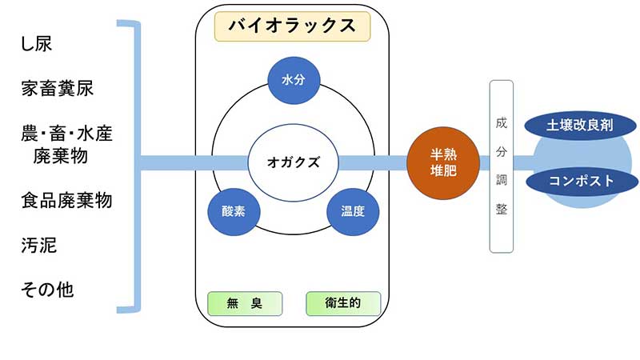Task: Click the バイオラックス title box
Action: (292, 26)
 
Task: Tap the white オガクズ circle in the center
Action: (293, 162)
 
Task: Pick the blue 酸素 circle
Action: (234, 212)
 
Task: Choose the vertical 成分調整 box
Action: (502, 166)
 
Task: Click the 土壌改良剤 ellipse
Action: (580, 126)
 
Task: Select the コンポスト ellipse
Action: (582, 181)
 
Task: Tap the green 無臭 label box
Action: (245, 303)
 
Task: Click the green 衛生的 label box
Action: (343, 303)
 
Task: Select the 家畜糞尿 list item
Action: (58, 88)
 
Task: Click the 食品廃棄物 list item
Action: (66, 200)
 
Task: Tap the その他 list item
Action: (47, 288)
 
